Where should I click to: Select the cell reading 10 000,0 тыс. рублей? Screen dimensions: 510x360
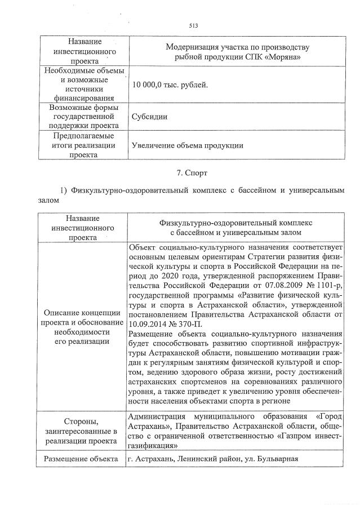click(168, 86)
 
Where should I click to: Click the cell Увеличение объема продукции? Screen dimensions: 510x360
click(186, 145)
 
